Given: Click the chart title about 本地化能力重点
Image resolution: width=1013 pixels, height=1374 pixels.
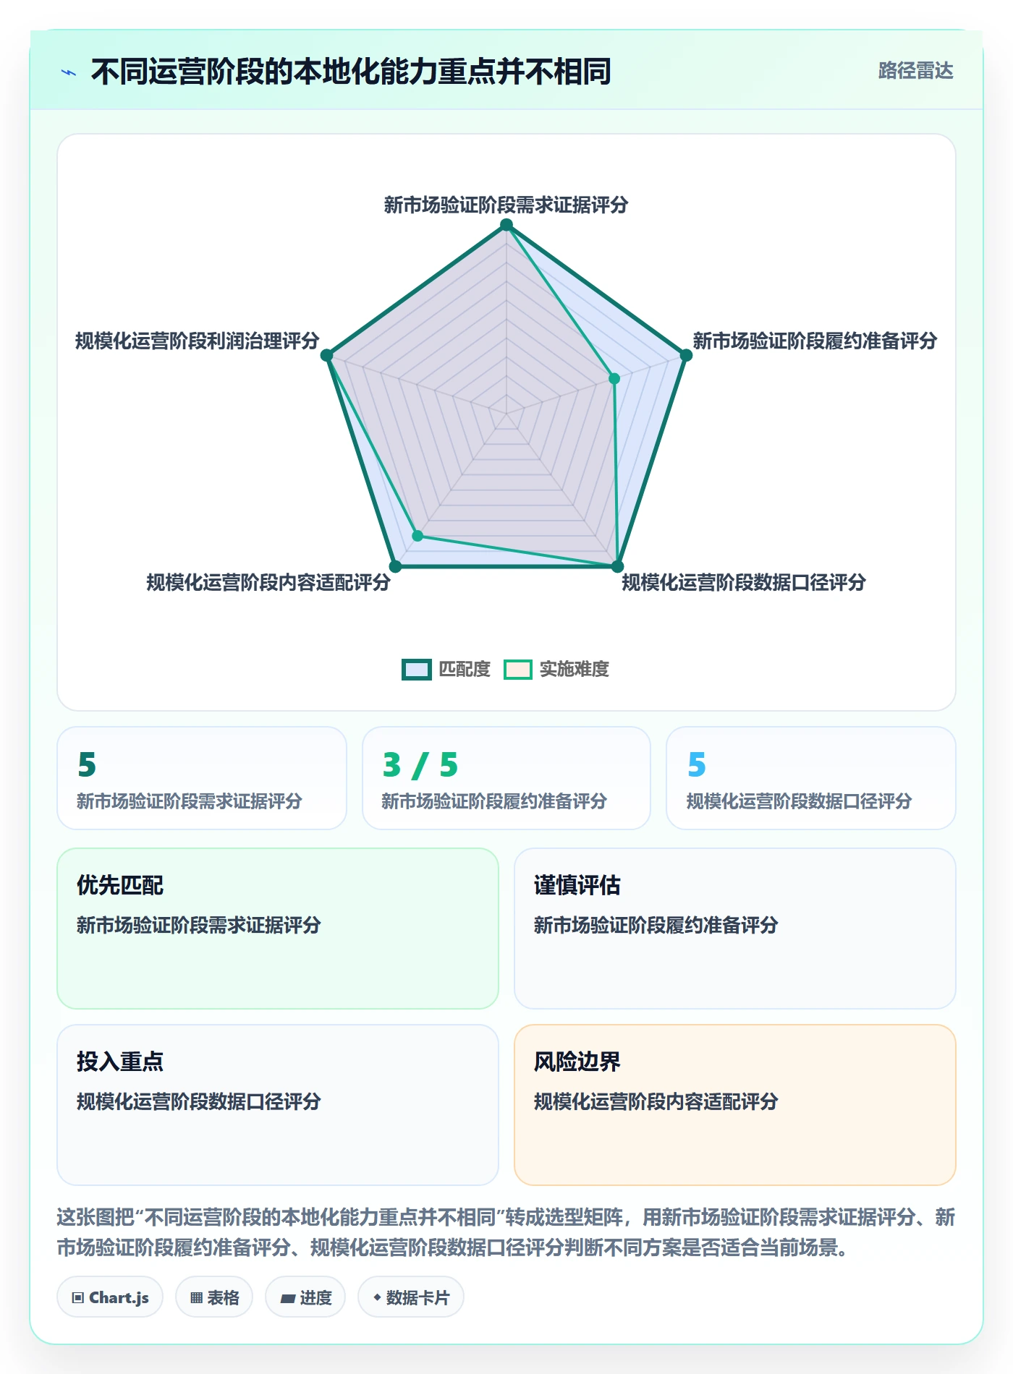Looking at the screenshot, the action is tap(351, 72).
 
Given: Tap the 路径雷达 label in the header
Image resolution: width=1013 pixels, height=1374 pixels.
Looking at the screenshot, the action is tap(915, 70).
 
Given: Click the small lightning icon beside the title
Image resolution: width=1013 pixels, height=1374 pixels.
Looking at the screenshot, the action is tap(69, 72).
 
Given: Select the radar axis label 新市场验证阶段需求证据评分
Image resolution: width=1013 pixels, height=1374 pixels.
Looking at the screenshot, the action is tap(506, 205).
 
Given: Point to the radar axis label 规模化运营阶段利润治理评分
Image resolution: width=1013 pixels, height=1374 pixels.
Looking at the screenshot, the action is tap(197, 341).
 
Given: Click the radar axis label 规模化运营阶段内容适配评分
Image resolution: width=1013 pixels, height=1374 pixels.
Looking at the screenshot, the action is tap(268, 582).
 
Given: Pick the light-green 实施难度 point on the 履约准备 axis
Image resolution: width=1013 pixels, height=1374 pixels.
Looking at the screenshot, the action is tap(614, 378).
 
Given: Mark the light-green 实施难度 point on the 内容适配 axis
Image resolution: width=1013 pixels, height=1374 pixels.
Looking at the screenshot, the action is tap(418, 536).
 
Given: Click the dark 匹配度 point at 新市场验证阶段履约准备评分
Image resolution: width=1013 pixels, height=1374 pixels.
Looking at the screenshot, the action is tap(686, 355).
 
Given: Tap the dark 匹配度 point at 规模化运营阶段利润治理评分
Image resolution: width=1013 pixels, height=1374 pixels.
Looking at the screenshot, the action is tap(326, 355).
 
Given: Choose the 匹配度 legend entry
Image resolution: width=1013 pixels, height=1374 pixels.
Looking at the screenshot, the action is tap(446, 669).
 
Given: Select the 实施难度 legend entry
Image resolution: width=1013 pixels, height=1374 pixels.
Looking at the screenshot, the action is tap(556, 669).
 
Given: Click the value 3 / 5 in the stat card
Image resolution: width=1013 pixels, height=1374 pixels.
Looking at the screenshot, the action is tap(420, 764).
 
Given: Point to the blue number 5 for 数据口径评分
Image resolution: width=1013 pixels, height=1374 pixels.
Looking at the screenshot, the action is tap(697, 764).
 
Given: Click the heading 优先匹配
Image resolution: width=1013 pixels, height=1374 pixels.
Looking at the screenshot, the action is tap(120, 885).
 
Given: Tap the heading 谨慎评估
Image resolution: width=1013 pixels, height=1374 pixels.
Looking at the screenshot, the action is tap(577, 885).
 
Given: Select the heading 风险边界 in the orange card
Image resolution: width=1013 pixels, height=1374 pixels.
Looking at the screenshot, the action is tap(577, 1062).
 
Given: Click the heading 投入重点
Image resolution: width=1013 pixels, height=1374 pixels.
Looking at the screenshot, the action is tap(120, 1062).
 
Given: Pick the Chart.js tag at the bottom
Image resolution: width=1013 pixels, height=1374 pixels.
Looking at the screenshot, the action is tap(110, 1297).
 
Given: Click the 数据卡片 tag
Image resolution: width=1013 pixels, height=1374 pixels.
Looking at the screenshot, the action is tap(411, 1297).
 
